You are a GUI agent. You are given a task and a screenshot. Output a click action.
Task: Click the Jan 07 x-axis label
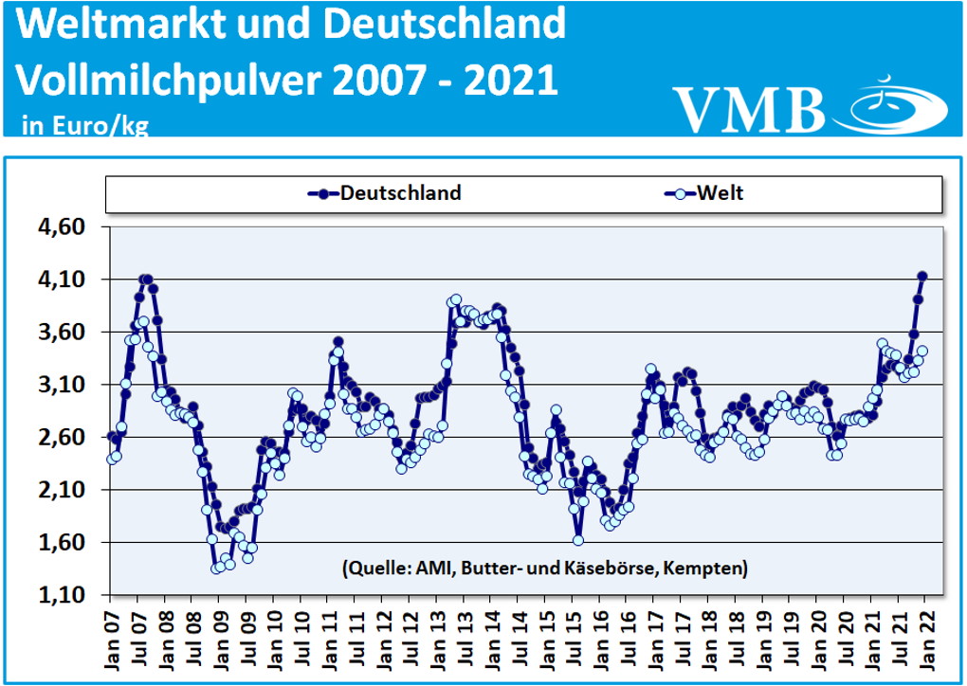click(x=110, y=637)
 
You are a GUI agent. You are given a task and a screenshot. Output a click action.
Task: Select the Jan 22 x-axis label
click(x=923, y=637)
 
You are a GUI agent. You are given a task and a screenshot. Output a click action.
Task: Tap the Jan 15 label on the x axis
click(x=544, y=637)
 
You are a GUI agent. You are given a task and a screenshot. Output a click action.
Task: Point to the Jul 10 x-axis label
click(x=301, y=637)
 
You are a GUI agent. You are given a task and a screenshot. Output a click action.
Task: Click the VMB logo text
click(x=749, y=109)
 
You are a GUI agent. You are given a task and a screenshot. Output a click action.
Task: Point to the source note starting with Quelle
click(x=541, y=569)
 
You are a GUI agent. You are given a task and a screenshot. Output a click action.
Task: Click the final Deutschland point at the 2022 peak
click(x=922, y=276)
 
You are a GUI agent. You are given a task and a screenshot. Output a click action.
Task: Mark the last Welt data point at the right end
click(x=921, y=351)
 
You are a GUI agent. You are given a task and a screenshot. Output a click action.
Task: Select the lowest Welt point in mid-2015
click(x=578, y=540)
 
